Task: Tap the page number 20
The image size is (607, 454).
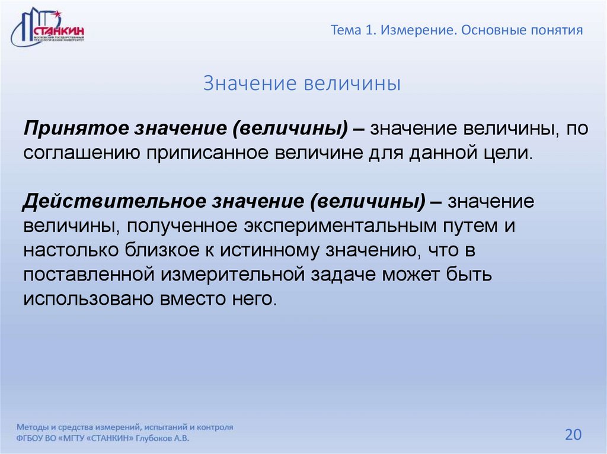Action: [573, 434]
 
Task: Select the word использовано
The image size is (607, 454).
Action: [87, 299]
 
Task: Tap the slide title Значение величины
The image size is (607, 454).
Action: [302, 83]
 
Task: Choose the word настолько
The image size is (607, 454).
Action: [71, 250]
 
